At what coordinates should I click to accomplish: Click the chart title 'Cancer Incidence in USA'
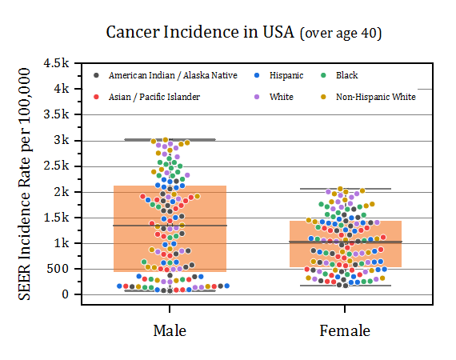pos(200,32)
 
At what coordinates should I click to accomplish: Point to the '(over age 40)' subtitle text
pos(341,33)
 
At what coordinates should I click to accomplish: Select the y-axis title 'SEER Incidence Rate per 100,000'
pos(25,184)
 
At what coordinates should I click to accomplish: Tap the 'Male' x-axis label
pos(170,330)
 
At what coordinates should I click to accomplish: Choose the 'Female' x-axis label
pos(345,330)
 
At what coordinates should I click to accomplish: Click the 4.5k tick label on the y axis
pos(57,63)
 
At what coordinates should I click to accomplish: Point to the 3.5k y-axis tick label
pos(57,114)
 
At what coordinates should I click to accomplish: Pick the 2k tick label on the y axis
pos(62,192)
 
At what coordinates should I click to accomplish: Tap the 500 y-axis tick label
pos(58,269)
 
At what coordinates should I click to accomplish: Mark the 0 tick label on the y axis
pos(66,294)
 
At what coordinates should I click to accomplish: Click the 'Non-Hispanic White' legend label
pos(376,97)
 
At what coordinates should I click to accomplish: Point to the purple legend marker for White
pos(257,97)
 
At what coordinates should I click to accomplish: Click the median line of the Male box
pos(170,226)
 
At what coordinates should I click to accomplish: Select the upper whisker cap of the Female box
pos(346,189)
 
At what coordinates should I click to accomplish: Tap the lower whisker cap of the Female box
pos(346,286)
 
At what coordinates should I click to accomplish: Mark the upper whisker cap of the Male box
pos(170,139)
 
